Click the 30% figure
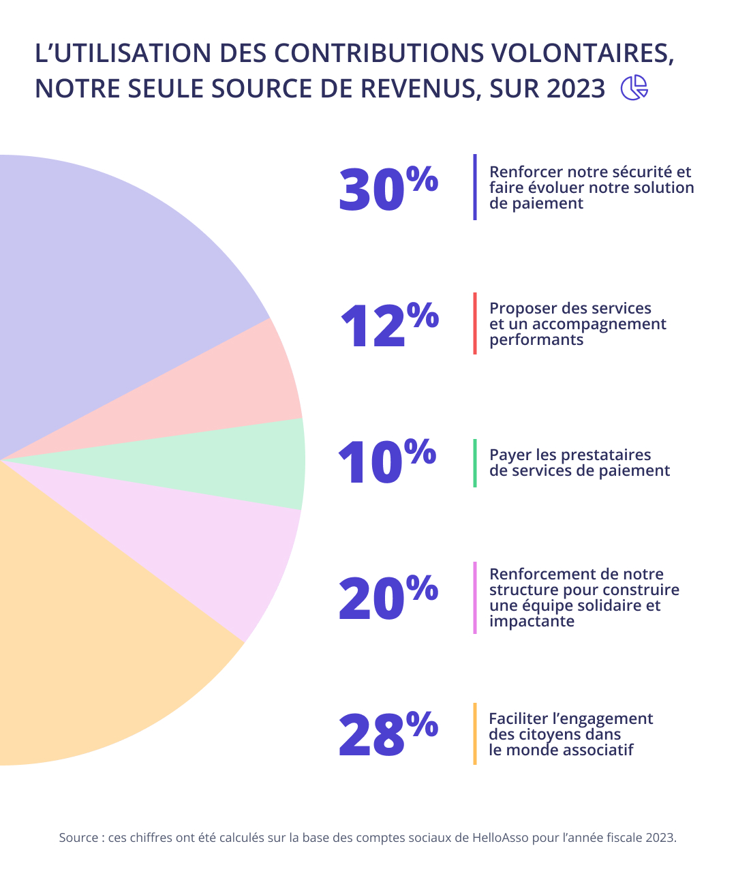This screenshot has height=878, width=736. [388, 188]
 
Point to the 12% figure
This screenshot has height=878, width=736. [388, 324]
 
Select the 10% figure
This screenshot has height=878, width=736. [386, 461]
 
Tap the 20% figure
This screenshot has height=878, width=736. [388, 597]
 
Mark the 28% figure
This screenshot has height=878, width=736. [388, 733]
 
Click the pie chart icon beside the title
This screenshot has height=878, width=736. [634, 88]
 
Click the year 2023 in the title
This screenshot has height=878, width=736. [575, 89]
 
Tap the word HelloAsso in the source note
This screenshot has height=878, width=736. [500, 838]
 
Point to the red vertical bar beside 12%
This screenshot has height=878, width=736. [475, 324]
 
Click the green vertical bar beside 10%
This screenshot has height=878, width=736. [475, 463]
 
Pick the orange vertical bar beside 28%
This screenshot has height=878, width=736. [475, 733]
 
